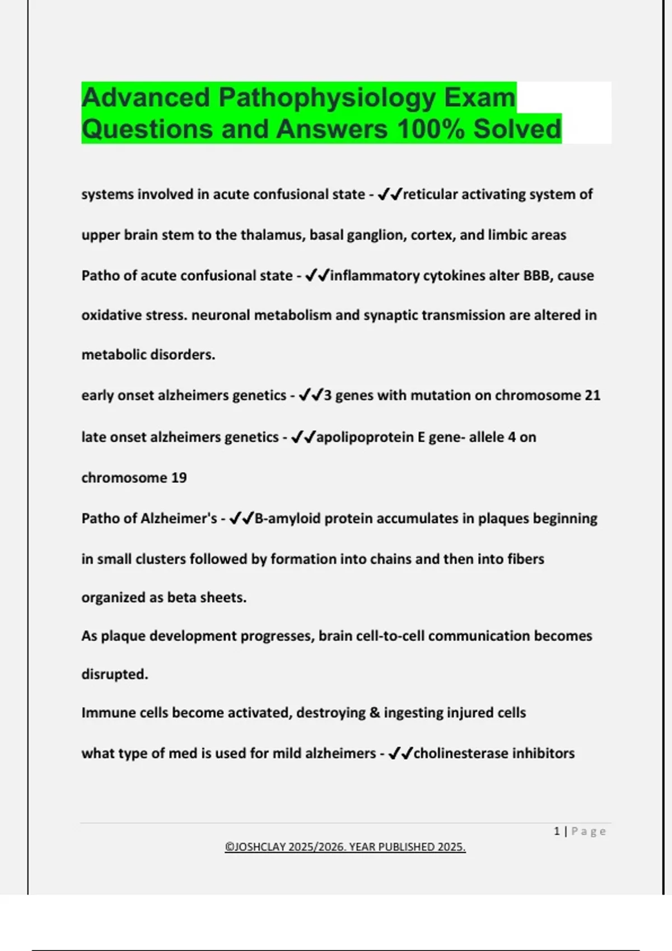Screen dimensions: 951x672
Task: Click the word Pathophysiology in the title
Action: (x=326, y=98)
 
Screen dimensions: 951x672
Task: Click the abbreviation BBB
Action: (x=536, y=276)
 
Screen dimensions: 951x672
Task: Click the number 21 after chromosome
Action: (x=592, y=396)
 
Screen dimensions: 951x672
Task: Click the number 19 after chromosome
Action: (x=179, y=478)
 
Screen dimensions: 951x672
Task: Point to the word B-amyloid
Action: (x=288, y=519)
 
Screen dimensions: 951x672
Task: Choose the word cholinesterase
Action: (x=460, y=754)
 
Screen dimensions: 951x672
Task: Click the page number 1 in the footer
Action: (x=557, y=831)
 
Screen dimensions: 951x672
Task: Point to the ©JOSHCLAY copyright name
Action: (x=255, y=847)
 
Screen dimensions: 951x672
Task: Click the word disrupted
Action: (x=114, y=674)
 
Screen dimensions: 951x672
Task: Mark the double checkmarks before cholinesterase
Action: (x=400, y=754)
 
